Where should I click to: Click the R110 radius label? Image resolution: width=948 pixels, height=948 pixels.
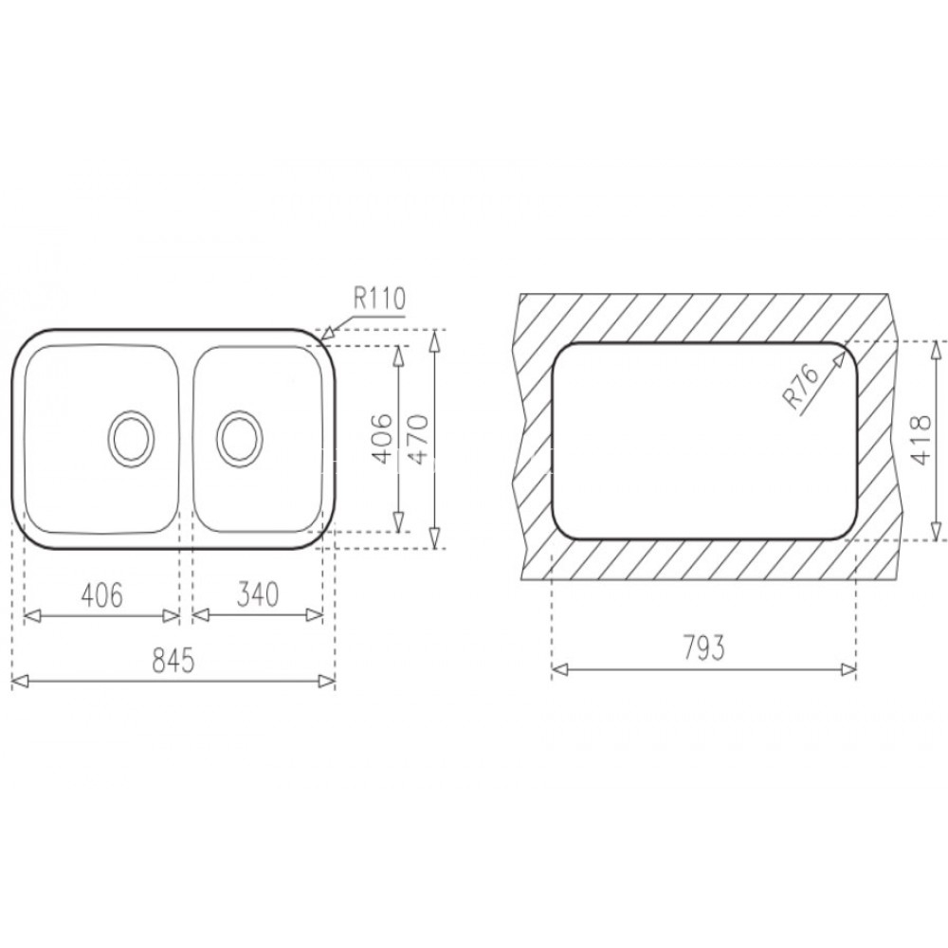click(379, 299)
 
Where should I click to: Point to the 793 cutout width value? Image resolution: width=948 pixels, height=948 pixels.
click(702, 649)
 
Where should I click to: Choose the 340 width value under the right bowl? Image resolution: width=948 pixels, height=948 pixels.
click(258, 595)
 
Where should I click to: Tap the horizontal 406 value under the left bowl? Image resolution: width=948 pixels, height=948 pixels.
click(100, 595)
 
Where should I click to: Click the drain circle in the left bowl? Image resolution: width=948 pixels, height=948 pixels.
click(128, 438)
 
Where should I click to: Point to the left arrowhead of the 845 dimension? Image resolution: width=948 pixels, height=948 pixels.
click(16, 680)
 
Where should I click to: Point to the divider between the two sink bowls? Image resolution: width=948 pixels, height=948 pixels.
click(186, 439)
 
